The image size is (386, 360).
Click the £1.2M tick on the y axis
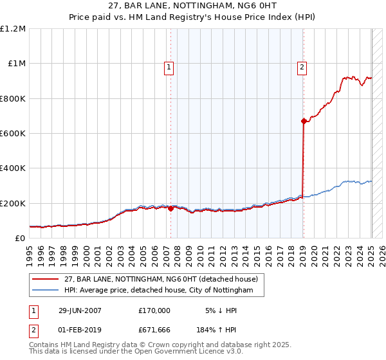point(13,29)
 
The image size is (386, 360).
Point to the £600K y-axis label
point(13,134)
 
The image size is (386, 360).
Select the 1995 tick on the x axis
point(30,250)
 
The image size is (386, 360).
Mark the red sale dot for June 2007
point(170,208)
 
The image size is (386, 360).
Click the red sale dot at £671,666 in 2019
point(304,120)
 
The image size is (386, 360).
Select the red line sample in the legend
point(46,279)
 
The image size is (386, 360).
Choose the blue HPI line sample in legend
point(46,291)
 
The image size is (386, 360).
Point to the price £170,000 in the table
point(154,310)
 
